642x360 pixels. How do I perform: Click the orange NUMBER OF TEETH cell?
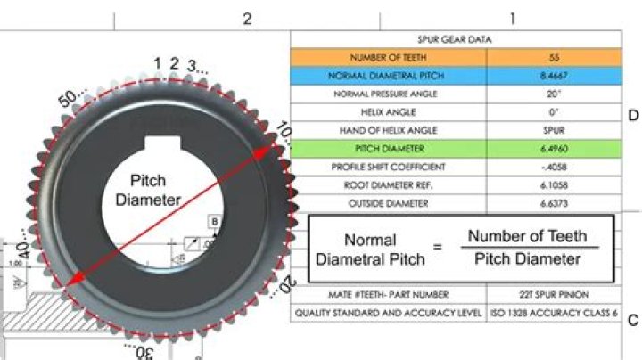click(389, 57)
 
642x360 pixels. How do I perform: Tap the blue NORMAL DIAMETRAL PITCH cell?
click(389, 76)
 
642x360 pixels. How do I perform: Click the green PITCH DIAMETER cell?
click(389, 148)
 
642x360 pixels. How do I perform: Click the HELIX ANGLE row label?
click(389, 112)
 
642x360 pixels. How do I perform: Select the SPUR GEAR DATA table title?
click(455, 39)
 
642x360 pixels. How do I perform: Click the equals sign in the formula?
click(437, 247)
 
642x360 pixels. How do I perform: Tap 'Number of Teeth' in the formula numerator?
click(528, 236)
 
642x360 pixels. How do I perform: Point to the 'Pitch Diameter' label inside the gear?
click(148, 190)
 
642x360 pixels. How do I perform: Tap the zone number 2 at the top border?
click(247, 19)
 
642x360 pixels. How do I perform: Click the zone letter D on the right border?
click(633, 116)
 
